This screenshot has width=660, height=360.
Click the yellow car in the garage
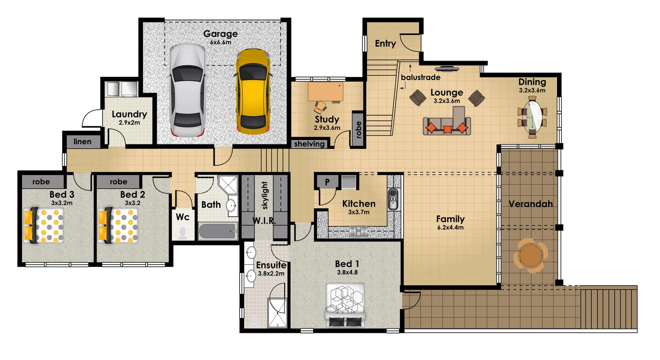pos(253,91)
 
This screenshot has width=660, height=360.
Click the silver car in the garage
pos(187,90)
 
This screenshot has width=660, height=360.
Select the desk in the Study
pos(325,91)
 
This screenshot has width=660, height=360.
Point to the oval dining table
pos(532,117)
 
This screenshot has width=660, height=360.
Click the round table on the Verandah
pos(530,255)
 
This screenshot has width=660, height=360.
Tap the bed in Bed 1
pos(345,304)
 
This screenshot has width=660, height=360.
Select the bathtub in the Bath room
pos(218,231)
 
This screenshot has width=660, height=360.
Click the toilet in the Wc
pos(183,233)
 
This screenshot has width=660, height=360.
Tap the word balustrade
pos(420,77)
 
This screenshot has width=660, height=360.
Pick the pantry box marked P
pos(327,182)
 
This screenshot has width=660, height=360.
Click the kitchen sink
pos(393,199)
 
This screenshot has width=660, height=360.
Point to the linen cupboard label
pos(82,141)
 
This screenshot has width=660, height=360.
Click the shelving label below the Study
pos(309,144)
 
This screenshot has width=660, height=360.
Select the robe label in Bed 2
pos(118,182)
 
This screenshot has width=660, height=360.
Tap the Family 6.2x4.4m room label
pos(450,222)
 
